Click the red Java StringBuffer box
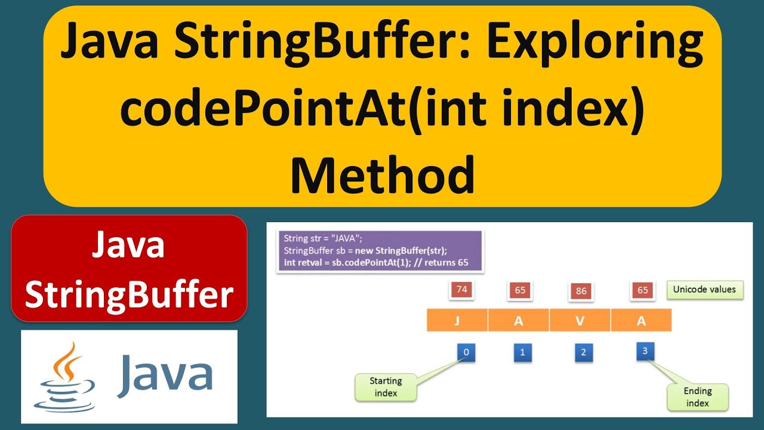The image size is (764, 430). click(x=129, y=269)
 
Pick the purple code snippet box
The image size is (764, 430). click(x=380, y=251)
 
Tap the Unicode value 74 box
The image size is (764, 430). click(x=461, y=290)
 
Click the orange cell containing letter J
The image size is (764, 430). click(x=457, y=320)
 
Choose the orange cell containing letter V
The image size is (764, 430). click(x=580, y=320)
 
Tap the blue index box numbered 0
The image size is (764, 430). click(x=466, y=352)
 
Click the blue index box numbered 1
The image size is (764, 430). click(x=522, y=352)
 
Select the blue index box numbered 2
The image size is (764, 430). click(x=583, y=352)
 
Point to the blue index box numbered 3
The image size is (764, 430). click(x=645, y=351)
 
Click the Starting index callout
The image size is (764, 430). click(x=386, y=386)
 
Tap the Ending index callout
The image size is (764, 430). click(x=697, y=397)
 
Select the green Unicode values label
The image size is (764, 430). click(x=704, y=290)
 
